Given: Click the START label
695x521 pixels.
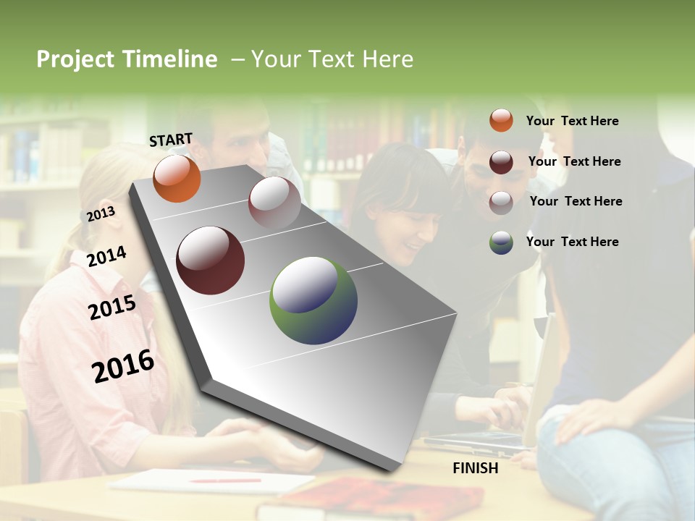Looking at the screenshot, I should pos(171,140).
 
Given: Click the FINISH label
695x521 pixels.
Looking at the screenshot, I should pos(476,468).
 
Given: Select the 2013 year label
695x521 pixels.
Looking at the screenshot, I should pos(101,214).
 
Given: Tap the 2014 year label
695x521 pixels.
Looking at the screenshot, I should pos(106,256).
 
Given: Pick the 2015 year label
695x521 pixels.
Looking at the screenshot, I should pos(112,308).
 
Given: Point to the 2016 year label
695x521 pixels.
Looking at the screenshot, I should pos(123,365).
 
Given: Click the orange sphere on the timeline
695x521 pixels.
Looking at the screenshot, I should pos(177,178).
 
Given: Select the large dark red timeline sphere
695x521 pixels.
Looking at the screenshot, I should pos(210,260).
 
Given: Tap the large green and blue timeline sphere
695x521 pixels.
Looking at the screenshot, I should pos(313,300).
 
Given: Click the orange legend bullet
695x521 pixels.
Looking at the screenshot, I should pos(501,120).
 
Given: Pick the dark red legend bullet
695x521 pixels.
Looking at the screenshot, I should pos(501,162).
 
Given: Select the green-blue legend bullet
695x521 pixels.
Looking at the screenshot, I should pos(501,242).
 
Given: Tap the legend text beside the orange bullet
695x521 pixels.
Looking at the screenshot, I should pos(572,121).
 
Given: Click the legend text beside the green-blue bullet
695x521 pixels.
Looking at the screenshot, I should pos(572,242).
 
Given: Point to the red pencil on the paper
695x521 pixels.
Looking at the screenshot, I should pos(224,480).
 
